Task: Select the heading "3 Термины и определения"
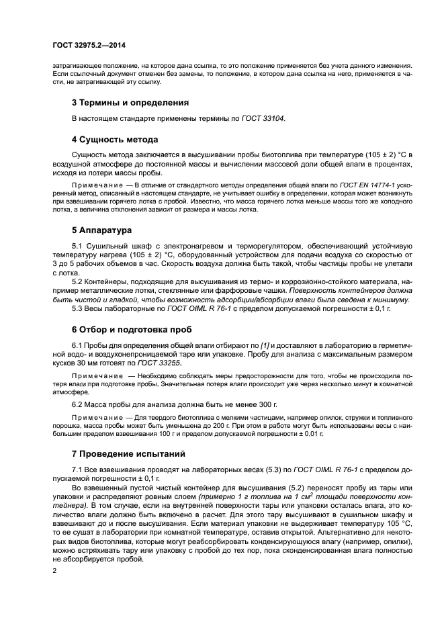coord(130,103)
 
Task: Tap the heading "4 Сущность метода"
coord(114,140)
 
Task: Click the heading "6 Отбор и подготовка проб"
coord(132,330)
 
